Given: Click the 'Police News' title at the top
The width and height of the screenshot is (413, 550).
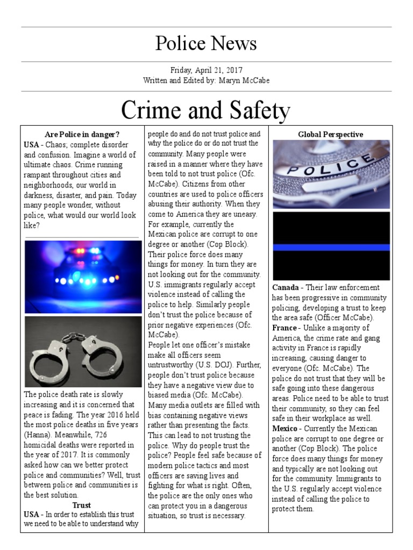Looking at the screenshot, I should coord(206,44).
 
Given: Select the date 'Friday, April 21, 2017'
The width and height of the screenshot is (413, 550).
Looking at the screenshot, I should coord(206,70).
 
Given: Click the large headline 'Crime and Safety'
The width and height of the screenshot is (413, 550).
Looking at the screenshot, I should coord(206,111).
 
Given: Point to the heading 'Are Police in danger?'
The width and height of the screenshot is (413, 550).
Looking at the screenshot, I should coord(82,134).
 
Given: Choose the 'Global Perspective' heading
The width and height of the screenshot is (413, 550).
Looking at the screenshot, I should coord(331,134).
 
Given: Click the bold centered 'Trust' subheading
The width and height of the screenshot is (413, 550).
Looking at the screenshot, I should coord(82,505).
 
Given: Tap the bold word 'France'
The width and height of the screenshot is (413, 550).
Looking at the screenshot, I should coord(284,328).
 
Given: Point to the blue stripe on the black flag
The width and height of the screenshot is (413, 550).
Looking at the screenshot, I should coord(331,247).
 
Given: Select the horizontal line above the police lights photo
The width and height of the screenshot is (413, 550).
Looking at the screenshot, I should coord(82,237).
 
